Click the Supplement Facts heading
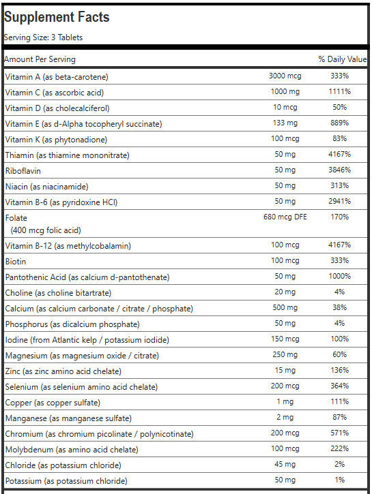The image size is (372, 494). point(57,17)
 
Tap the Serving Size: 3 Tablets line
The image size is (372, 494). point(43,37)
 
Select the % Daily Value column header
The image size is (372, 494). point(343,59)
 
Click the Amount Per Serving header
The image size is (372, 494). point(40,59)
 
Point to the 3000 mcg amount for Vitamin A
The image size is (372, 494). point(285,76)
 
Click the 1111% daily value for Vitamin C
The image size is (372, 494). point(339,92)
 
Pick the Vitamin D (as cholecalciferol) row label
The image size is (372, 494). point(57,108)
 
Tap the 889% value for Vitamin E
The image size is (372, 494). point(339,123)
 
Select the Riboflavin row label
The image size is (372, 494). point(23,171)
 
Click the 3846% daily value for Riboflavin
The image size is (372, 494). point(339,170)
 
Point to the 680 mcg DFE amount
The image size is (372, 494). point(285,217)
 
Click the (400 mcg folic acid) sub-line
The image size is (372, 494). point(46,230)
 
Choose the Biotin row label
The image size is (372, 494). point(16,262)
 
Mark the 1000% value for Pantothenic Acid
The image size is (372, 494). point(339,277)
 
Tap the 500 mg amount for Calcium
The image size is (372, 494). point(285,308)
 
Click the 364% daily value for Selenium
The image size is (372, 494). point(339,386)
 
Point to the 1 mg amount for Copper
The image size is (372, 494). point(285,402)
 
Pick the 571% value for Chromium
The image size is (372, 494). point(339,433)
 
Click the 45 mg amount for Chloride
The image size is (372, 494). point(285,465)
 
